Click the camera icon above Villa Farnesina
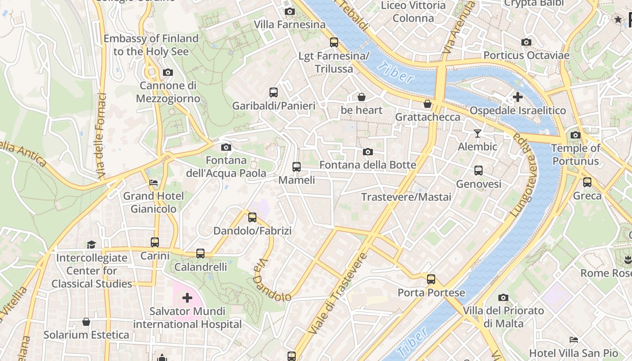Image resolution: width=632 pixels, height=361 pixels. coord(290,11)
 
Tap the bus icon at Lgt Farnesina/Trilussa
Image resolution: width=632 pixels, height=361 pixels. coord(334,42)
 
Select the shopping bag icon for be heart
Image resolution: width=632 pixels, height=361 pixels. coord(361,97)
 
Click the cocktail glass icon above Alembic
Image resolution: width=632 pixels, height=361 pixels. coord(478,133)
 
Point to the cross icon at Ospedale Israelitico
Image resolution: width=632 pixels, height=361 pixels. coord(518,97)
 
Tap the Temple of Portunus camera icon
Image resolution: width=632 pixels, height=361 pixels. coord(575,135)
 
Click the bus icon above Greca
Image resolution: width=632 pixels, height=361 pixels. coord(587,182)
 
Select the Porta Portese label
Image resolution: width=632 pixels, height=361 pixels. coord(431,293)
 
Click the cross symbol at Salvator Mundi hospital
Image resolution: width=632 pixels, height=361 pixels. coord(187,298)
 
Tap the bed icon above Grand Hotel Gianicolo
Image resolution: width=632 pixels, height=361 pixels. coord(153,183)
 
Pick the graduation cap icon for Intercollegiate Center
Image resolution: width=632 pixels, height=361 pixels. coord(92,245)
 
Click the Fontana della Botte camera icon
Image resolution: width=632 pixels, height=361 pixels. coord(368,152)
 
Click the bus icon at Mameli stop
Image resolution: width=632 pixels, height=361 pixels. coord(297,167)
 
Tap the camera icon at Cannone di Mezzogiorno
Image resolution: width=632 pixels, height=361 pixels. coord(168,72)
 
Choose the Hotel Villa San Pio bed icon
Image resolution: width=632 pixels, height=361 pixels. coord(574,339)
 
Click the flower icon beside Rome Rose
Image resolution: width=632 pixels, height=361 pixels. coord(627,259)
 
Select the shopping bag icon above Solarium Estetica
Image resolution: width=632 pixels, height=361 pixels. coord(86,322)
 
